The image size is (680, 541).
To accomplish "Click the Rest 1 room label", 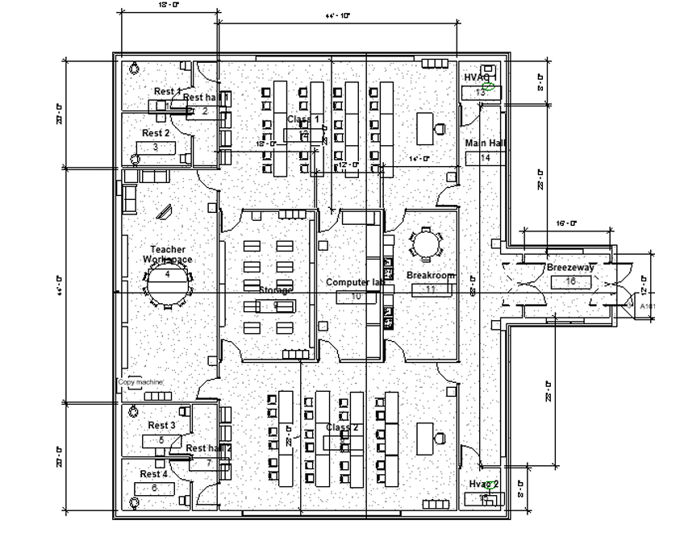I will [168, 92].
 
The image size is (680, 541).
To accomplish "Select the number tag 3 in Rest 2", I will [156, 147].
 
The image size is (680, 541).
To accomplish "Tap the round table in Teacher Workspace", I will [168, 283].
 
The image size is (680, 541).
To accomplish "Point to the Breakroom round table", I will [424, 243].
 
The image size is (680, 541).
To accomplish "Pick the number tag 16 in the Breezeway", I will [570, 281].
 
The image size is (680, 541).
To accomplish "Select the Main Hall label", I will [485, 144].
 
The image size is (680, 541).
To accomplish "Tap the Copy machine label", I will [140, 382].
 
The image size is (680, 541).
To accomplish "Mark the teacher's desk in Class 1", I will [424, 127].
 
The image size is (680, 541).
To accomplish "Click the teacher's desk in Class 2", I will [425, 438].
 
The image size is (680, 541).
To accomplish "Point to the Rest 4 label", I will [153, 474].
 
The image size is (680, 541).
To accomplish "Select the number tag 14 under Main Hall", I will [485, 158].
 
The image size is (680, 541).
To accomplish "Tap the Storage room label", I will [276, 289].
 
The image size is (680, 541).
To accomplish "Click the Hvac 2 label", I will [484, 484].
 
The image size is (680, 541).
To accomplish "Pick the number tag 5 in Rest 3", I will [161, 440].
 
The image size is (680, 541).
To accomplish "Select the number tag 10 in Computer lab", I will [356, 297].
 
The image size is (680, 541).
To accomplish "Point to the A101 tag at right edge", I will [647, 306].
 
